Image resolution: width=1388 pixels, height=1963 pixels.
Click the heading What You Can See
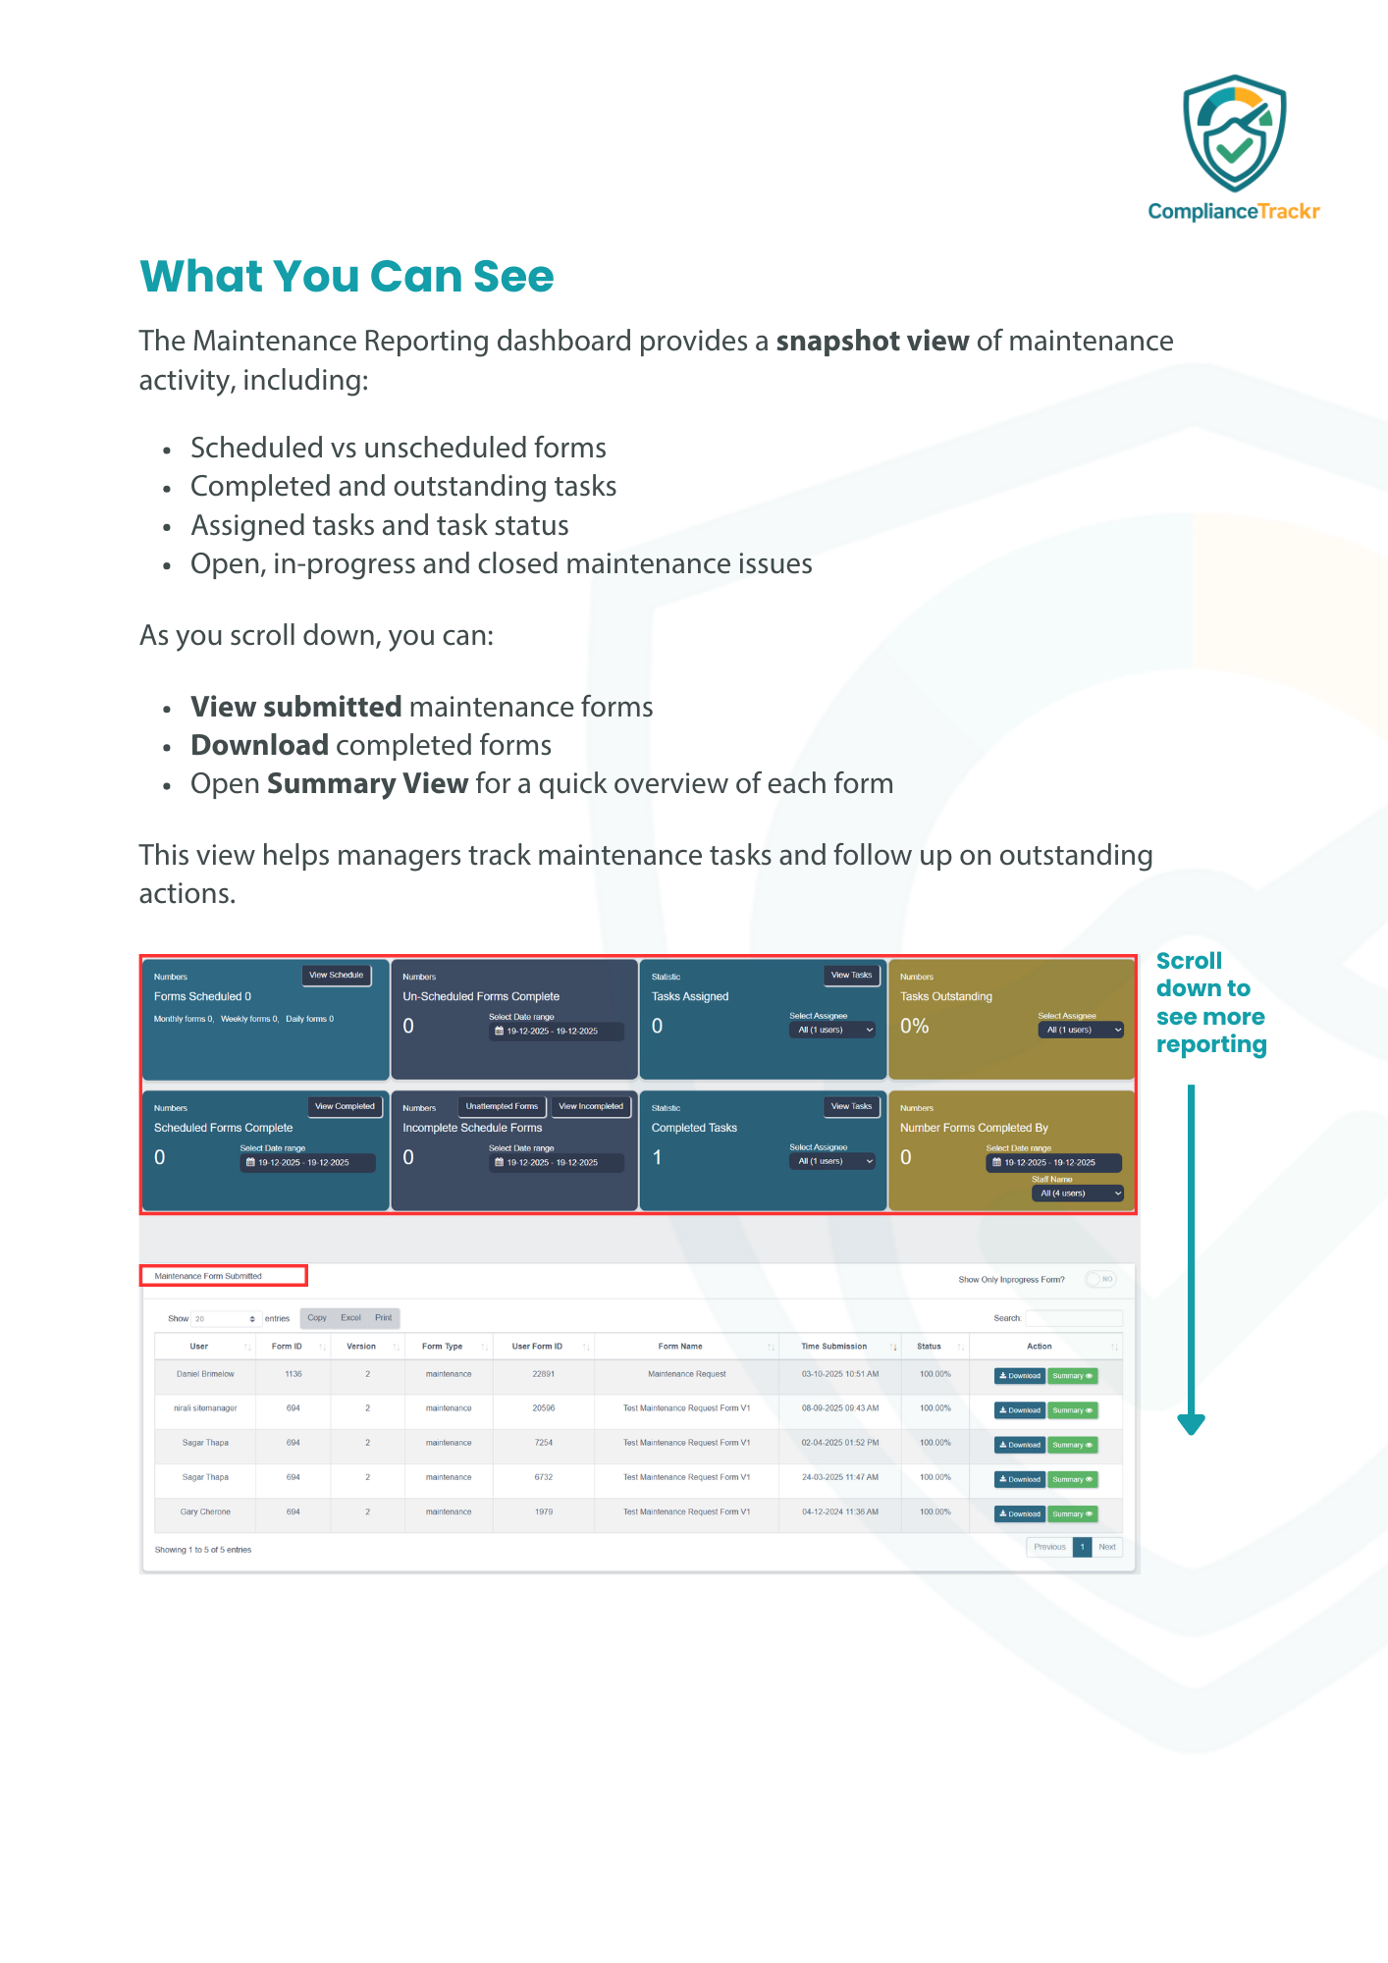click(347, 277)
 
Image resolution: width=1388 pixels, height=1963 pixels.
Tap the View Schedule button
click(336, 976)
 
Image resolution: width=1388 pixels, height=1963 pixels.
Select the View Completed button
click(345, 1107)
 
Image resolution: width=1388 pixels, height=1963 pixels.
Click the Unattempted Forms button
click(502, 1107)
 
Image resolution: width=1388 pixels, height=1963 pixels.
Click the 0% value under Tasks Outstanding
click(914, 1027)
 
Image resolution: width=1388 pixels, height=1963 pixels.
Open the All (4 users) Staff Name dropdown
click(1077, 1194)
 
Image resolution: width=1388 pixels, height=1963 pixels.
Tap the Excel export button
click(350, 1318)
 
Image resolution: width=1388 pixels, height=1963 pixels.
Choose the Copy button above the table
click(317, 1318)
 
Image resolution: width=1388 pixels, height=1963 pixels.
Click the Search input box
click(1073, 1318)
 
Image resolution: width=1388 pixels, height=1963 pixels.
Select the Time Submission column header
click(834, 1347)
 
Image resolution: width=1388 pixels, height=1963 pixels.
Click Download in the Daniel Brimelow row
click(1020, 1376)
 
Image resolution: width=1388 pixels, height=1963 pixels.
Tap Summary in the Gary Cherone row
click(1072, 1514)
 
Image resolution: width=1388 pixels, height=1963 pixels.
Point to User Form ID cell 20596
click(544, 1408)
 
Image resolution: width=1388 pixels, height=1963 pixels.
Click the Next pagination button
click(1107, 1547)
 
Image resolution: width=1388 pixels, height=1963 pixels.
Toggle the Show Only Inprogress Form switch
click(1101, 1280)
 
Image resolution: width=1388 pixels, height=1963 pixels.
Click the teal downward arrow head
click(1191, 1424)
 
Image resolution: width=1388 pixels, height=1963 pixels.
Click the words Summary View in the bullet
click(367, 784)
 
